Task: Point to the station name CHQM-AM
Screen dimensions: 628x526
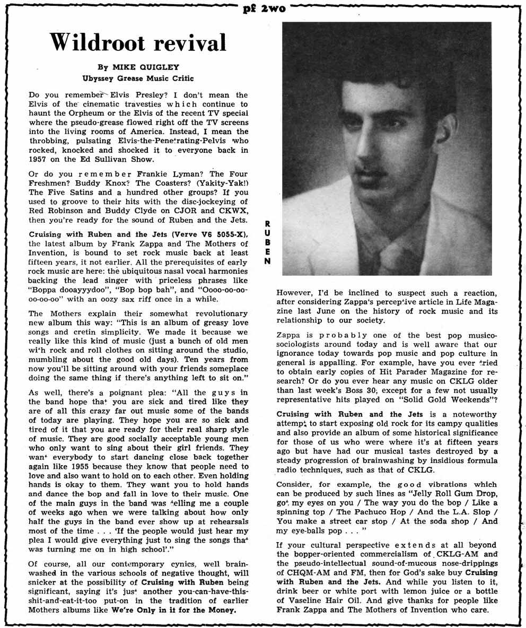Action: click(x=299, y=572)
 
